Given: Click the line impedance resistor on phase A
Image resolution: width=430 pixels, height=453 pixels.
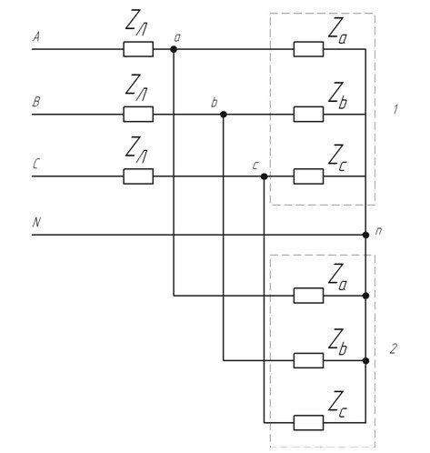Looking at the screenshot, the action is click(x=138, y=49).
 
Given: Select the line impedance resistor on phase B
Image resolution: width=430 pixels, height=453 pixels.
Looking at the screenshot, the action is click(x=138, y=115).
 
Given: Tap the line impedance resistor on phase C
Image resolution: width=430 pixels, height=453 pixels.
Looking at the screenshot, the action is click(x=138, y=176).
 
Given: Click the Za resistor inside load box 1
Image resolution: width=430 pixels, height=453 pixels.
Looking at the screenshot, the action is click(x=308, y=49).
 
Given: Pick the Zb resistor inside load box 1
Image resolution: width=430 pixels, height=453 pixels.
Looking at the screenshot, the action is click(x=308, y=115).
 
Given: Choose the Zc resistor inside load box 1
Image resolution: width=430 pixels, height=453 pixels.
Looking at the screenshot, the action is click(x=308, y=176).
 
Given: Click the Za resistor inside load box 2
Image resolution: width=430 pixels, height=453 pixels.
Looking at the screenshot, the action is click(x=308, y=296).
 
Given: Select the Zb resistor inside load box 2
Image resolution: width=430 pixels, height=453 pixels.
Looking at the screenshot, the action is click(x=308, y=361).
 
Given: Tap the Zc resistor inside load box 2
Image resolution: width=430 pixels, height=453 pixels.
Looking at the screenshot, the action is click(x=308, y=423).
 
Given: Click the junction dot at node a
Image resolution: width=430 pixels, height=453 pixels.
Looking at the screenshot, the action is click(x=174, y=49).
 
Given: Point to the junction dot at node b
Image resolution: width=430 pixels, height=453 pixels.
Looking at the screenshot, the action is click(x=224, y=115).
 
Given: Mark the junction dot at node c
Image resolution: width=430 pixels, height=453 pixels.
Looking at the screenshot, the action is click(x=265, y=176).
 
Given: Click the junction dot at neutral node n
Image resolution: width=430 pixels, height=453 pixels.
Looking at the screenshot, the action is click(x=365, y=235).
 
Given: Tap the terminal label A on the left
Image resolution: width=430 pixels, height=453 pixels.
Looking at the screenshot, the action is click(x=36, y=37).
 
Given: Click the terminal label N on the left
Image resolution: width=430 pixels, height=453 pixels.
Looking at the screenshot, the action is click(x=36, y=222).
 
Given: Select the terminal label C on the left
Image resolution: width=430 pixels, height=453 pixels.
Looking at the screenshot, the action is click(x=35, y=164).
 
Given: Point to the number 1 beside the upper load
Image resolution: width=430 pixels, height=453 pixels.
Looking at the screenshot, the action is click(x=395, y=109).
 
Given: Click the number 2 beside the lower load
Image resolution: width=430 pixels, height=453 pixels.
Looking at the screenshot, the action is click(x=393, y=349).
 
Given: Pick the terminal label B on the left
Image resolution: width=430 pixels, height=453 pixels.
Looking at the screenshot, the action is click(x=36, y=102).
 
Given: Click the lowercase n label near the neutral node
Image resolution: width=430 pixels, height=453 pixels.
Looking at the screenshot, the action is click(x=378, y=231).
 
